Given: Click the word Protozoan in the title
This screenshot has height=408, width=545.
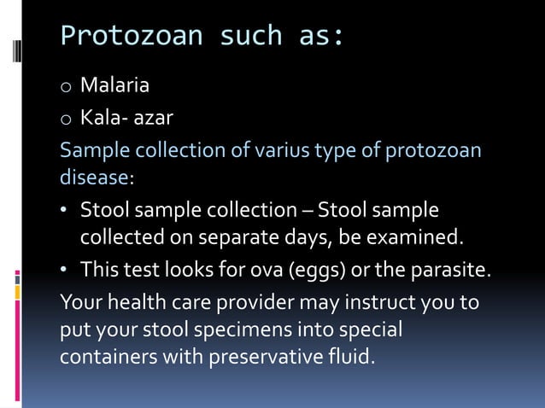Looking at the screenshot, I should coord(132,36).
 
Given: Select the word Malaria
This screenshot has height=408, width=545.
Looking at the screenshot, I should coord(114,85).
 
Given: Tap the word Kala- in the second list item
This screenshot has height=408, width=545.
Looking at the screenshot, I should coord(103,117).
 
